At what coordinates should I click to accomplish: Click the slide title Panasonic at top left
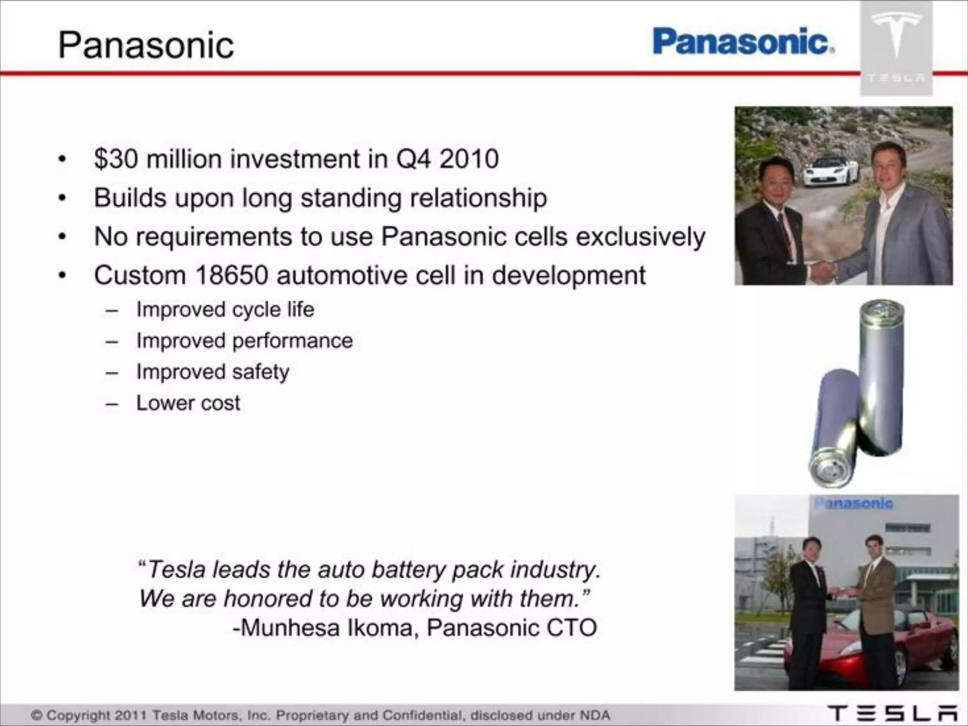click(x=146, y=45)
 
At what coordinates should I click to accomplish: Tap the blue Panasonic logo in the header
click(x=743, y=42)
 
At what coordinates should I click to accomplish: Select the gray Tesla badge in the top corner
click(x=896, y=47)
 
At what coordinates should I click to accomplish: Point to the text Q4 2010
click(x=447, y=159)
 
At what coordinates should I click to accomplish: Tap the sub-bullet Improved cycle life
click(x=225, y=310)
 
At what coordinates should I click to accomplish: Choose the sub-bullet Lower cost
click(x=188, y=403)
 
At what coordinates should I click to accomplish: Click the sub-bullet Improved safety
click(x=213, y=372)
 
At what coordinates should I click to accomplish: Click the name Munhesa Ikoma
click(x=326, y=628)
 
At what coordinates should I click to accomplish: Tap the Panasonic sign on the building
click(x=854, y=503)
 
